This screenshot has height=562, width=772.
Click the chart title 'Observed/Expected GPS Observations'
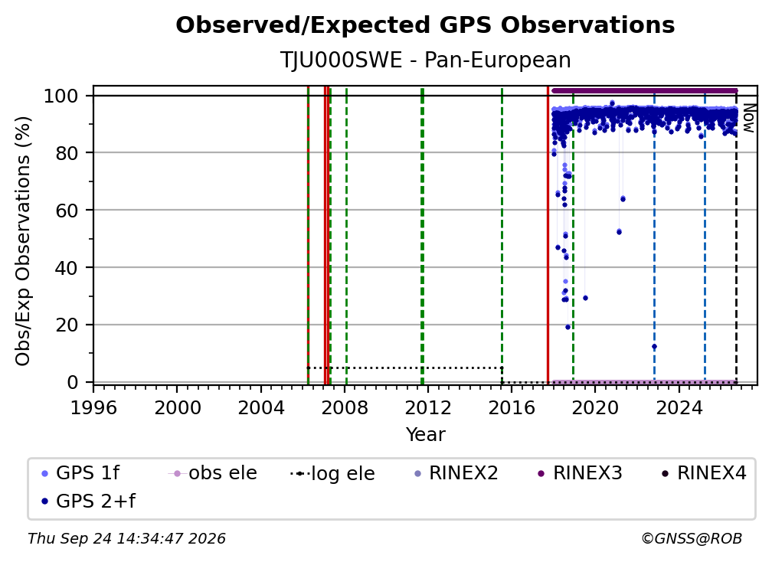click(x=425, y=25)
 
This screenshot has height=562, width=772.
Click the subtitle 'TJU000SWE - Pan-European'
click(x=425, y=60)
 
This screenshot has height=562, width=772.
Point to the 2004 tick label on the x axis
click(x=261, y=408)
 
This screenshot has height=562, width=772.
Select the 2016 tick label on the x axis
click(x=512, y=408)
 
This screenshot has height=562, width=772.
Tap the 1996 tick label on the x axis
click(x=93, y=408)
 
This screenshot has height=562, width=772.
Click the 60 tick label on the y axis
click(x=67, y=210)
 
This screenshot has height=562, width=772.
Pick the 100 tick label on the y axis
click(x=61, y=96)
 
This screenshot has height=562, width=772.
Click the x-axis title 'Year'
click(x=425, y=435)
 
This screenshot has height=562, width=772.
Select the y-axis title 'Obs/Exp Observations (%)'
click(x=23, y=241)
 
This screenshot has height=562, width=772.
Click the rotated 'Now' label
click(x=747, y=118)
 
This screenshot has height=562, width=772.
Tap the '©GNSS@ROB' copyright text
click(x=692, y=538)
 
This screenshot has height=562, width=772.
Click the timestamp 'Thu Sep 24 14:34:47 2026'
click(x=126, y=538)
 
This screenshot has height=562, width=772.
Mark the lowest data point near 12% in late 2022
click(x=654, y=346)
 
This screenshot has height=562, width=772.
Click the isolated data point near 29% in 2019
click(x=585, y=298)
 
